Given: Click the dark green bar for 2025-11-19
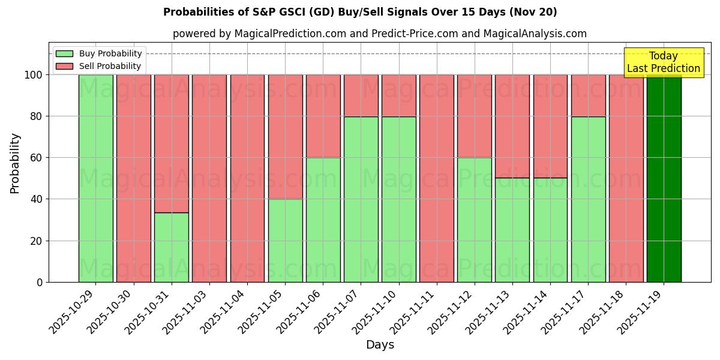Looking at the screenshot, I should pos(664,178).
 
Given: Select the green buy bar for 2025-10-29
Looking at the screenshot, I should pos(95,178).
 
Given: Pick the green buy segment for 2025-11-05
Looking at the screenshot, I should pos(285,240).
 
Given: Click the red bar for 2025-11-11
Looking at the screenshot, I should pos(437,178).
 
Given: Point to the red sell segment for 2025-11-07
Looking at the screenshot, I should pos(361,95).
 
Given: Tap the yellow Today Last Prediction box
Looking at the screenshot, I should pos(663,62).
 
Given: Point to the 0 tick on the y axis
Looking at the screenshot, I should pos(39,282).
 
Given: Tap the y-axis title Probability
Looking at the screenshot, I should pos(16,163).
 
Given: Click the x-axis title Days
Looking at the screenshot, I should pos(380,345).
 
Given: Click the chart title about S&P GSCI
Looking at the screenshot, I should pos(360,12).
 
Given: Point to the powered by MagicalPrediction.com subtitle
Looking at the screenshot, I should pos(379,34).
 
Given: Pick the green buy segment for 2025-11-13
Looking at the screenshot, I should pos(512,230).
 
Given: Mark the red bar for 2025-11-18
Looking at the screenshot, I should pos(626,178).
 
